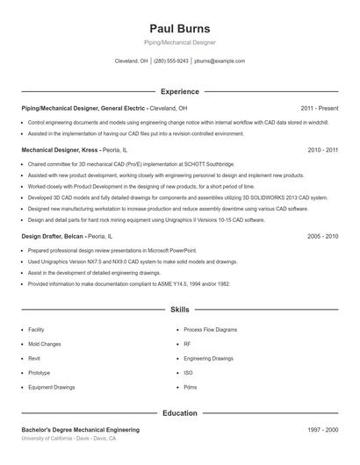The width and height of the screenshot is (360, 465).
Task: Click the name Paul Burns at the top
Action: point(179,28)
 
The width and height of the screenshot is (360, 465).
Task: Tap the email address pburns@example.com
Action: point(220,61)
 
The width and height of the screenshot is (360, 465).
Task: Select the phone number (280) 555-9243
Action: point(171,61)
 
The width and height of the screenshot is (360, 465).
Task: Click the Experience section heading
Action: point(179,91)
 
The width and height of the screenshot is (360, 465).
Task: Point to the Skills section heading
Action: point(179,310)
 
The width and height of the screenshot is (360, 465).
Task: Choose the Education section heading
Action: point(179,412)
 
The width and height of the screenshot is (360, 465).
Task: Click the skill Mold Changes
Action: point(44,344)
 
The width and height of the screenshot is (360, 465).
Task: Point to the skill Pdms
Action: point(191,387)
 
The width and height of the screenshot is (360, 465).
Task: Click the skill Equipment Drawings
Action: point(51,387)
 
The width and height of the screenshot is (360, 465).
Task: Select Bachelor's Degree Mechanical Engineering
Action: point(80,430)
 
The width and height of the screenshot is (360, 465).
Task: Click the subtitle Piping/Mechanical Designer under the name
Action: point(179,42)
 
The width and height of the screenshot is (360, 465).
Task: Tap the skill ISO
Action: point(188,373)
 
